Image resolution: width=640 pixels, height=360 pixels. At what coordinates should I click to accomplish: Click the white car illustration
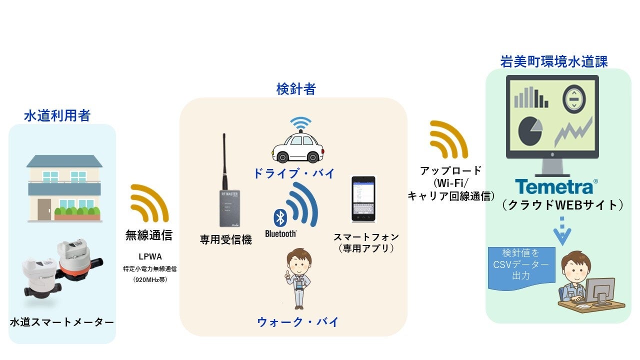pos(297,148)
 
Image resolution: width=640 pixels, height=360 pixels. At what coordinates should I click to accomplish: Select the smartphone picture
pos(363,198)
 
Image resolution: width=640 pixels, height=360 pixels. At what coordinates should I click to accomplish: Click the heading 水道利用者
pos(57,116)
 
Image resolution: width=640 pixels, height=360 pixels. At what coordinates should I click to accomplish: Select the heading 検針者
pos(296,89)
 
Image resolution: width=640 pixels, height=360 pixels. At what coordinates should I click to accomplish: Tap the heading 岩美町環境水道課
pos(554,61)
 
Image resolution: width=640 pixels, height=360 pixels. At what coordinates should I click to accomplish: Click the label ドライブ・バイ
pos(294,174)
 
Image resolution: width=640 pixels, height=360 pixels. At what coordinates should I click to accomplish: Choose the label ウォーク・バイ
pos(298,322)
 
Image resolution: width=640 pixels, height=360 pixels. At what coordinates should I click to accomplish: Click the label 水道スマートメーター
pos(61,322)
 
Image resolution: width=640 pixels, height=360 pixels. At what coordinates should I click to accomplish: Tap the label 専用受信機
pos(225,240)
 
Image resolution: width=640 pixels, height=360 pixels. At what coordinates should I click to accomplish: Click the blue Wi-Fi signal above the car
pos(301,123)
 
